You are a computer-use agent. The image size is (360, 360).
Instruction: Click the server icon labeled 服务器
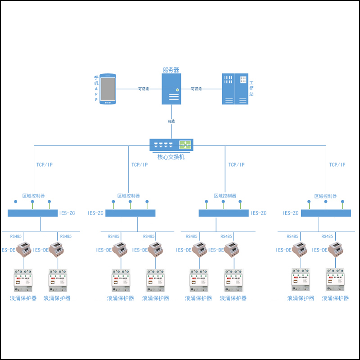[171, 89]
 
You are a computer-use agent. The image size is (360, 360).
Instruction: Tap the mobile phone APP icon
[107, 89]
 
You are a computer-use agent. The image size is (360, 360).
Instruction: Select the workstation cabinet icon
[235, 89]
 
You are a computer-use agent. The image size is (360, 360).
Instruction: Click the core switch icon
[171, 145]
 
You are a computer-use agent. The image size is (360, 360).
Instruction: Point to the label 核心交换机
[171, 157]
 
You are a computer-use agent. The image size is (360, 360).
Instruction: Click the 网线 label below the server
[171, 121]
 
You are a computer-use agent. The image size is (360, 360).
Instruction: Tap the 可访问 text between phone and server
[143, 89]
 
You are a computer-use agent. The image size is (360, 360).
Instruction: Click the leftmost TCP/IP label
[45, 165]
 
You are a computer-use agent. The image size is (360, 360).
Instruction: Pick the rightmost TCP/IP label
[337, 165]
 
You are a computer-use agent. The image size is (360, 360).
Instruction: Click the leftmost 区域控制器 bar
[33, 213]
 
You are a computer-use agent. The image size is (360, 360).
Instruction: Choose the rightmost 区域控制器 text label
[325, 196]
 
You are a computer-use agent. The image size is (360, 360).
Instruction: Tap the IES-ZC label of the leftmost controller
[67, 213]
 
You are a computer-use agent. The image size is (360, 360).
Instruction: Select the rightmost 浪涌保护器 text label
[335, 298]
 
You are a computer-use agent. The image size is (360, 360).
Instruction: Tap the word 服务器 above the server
[171, 70]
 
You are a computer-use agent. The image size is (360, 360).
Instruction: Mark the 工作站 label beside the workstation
[252, 88]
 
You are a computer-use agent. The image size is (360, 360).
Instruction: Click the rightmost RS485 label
[328, 236]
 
